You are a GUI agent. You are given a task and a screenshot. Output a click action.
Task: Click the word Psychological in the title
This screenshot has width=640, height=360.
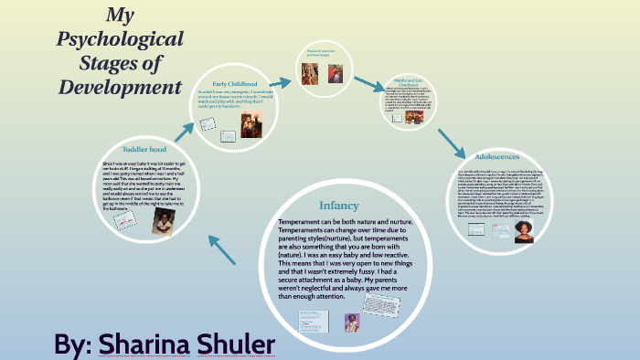coord(121,39)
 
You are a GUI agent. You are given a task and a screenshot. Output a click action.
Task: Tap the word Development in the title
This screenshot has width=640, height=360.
coord(121,88)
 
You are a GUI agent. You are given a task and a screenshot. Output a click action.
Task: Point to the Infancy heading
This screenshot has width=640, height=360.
coord(338,206)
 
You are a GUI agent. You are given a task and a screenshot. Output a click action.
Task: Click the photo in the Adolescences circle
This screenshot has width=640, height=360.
coord(525,232)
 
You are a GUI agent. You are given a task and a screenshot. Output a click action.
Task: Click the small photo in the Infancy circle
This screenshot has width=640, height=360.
coord(352,322)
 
